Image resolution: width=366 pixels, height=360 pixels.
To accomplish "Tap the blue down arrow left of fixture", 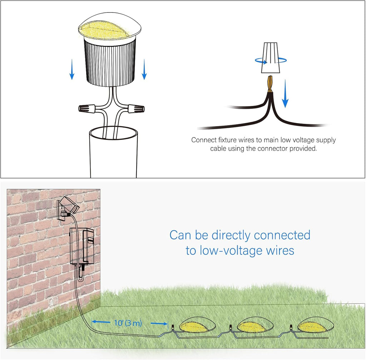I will point(72,69).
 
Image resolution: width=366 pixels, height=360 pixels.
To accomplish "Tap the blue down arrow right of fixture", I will point(144,69).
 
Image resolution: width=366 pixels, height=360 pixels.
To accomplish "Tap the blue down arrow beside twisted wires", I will point(285,95).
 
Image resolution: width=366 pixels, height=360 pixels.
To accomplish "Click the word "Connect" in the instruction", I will point(203,140).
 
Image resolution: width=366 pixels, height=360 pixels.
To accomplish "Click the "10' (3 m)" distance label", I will point(128,323).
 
